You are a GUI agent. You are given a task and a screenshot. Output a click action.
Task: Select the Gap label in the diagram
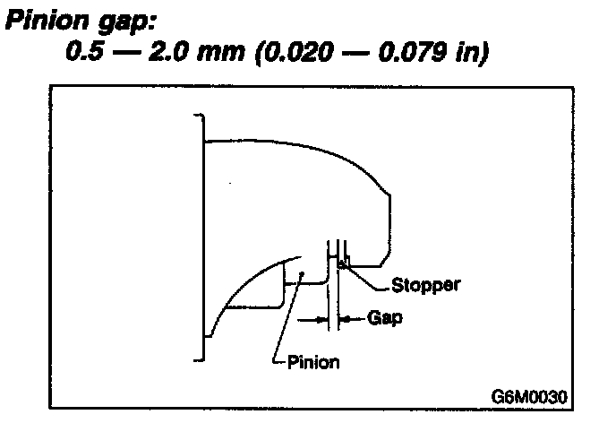pos(382,317)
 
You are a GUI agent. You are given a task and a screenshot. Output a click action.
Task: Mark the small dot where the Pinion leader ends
pos(303,274)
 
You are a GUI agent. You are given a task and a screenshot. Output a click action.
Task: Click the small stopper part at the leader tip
pos(342,263)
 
